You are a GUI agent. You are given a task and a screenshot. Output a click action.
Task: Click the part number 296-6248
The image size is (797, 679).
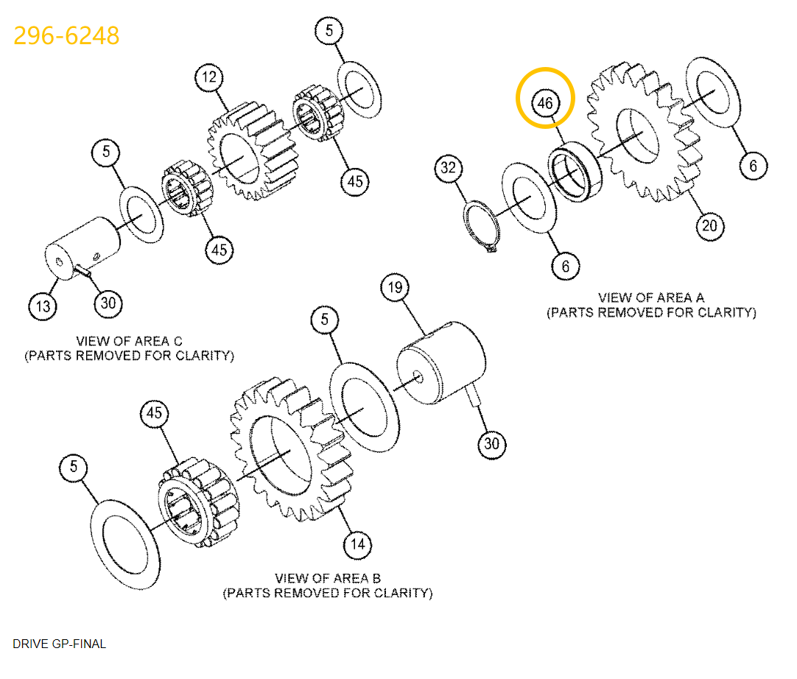(x=66, y=35)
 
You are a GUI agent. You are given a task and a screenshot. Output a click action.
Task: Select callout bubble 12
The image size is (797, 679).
(x=209, y=77)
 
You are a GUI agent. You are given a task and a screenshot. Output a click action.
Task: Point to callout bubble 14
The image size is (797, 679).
(x=357, y=545)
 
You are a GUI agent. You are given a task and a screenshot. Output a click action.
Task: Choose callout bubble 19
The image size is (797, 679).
(x=395, y=287)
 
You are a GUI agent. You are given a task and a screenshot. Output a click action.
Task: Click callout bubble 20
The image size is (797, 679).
(x=709, y=225)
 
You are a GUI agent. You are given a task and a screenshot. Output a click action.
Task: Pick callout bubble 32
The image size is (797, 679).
(x=448, y=168)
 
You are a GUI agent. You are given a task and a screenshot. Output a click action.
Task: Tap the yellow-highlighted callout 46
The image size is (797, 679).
(x=544, y=103)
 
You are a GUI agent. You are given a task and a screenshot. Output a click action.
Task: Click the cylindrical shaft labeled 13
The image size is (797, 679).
(x=82, y=247)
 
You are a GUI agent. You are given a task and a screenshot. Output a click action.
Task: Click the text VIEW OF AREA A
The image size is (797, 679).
(x=650, y=298)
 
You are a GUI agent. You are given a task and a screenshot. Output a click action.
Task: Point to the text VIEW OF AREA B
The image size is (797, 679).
(x=327, y=578)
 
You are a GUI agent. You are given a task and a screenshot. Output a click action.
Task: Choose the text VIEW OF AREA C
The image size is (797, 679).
(x=129, y=341)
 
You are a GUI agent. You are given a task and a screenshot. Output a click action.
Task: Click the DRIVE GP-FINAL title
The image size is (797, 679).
(x=59, y=644)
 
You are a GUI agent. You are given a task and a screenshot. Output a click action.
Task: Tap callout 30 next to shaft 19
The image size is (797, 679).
(x=491, y=444)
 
